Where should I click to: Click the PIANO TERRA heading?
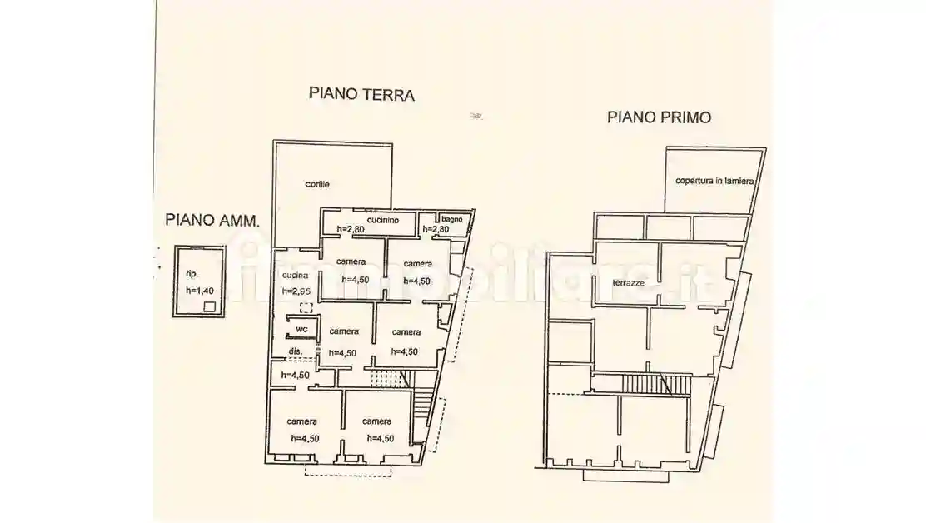361,94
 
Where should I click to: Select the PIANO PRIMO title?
658,117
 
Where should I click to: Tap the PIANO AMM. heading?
212,221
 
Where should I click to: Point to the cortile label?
316,184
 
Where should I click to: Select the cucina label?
296,276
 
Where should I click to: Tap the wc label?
301,330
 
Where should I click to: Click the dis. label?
295,351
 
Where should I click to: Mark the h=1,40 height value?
200,291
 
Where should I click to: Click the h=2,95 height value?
296,291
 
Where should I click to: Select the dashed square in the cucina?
306,308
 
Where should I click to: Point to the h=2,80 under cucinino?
351,229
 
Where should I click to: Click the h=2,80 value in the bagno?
436,229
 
